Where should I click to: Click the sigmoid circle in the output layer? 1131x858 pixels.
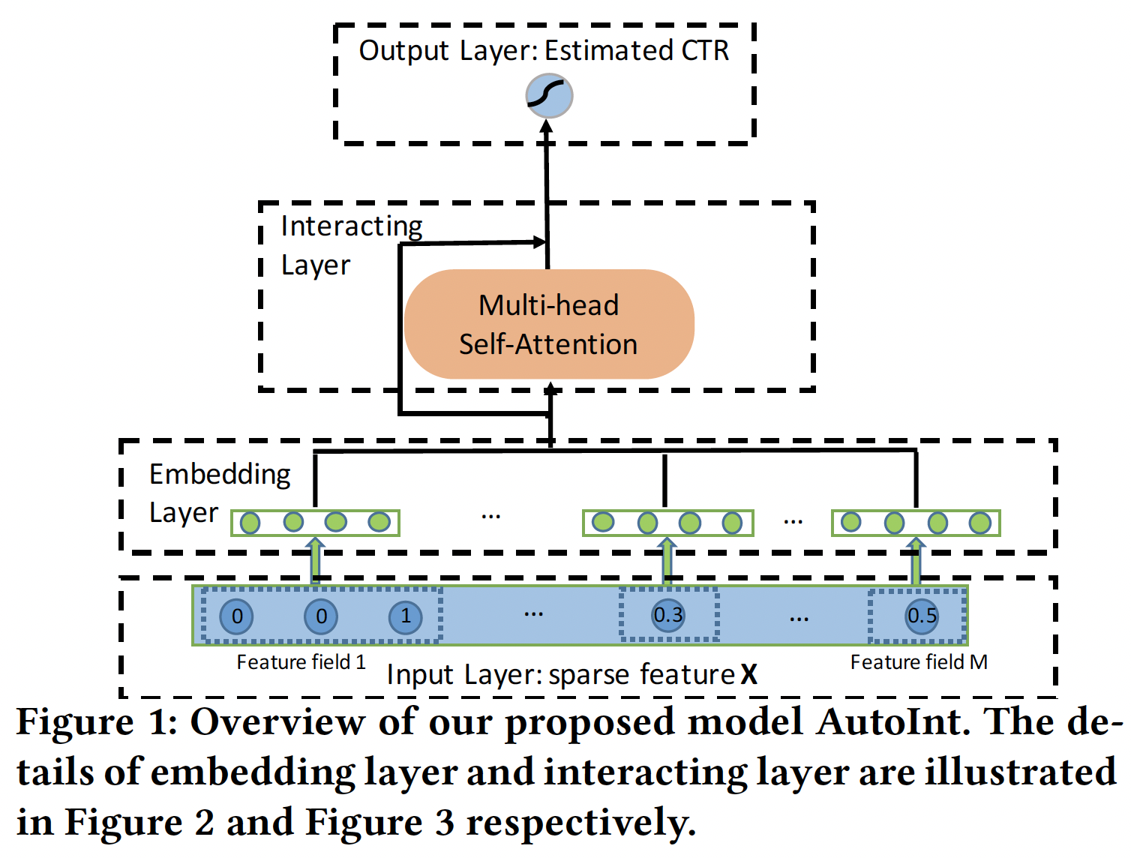coord(549,96)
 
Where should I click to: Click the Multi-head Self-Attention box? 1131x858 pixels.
coord(549,324)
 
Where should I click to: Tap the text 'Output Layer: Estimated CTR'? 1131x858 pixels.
coord(544,51)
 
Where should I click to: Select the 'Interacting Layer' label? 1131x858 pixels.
coord(351,244)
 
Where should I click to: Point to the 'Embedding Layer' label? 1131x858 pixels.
coord(219,493)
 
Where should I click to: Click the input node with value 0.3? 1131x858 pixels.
coord(668,616)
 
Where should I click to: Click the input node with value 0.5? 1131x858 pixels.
coord(922,616)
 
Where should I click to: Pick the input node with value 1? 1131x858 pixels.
coord(406,617)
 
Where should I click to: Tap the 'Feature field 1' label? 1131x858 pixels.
coord(301,662)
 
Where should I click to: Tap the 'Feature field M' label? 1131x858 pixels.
coord(919,662)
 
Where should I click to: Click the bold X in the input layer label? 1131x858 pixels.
coord(748,675)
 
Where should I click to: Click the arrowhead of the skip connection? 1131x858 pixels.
coord(538,241)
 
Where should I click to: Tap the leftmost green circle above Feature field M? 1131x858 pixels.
coord(851,522)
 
